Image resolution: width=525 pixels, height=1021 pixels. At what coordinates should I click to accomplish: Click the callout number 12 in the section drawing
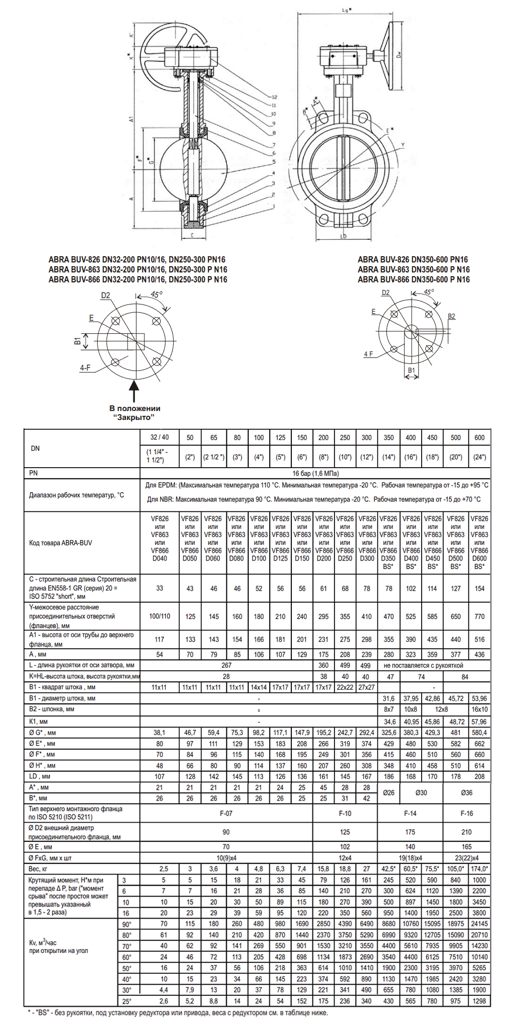274,97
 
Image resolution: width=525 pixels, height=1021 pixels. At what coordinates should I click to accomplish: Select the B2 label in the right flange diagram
451,317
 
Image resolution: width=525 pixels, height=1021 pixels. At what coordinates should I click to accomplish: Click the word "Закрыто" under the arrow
134,417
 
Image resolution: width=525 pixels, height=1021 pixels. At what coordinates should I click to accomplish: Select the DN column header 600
479,437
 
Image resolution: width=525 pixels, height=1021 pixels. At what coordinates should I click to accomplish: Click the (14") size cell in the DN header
388,457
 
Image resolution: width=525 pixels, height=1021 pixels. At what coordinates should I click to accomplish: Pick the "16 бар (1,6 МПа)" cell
316,473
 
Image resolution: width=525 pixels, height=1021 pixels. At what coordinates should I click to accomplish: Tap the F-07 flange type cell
226,813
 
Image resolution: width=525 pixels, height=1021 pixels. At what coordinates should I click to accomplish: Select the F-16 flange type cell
467,813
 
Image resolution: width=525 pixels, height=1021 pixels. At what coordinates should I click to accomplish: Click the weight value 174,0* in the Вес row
479,869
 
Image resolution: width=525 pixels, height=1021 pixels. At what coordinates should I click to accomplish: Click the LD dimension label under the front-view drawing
343,236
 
